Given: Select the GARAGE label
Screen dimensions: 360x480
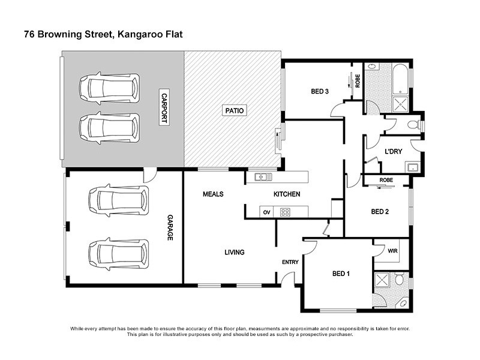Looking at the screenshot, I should [x=169, y=229].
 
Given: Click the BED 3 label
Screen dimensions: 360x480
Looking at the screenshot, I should [x=320, y=92].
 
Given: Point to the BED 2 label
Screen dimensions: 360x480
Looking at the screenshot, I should [x=380, y=211].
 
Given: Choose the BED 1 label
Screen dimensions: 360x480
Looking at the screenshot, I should [x=341, y=274].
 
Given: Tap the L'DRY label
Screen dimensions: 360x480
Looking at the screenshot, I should [x=393, y=151].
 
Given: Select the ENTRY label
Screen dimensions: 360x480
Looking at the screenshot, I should [x=290, y=262].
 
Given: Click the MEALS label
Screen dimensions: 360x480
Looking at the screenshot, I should [x=213, y=194].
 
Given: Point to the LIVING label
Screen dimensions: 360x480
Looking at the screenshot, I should [x=234, y=252].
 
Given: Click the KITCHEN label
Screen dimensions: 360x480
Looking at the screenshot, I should [x=287, y=194].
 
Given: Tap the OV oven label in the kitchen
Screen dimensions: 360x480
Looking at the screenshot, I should [x=267, y=212].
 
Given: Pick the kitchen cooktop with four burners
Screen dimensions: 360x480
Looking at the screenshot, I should [x=286, y=212].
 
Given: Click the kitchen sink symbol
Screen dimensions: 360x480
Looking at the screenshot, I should [x=263, y=176].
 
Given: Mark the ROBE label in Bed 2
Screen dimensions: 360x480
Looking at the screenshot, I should [x=386, y=179].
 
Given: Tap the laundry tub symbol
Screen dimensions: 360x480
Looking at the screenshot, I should [x=413, y=167].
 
